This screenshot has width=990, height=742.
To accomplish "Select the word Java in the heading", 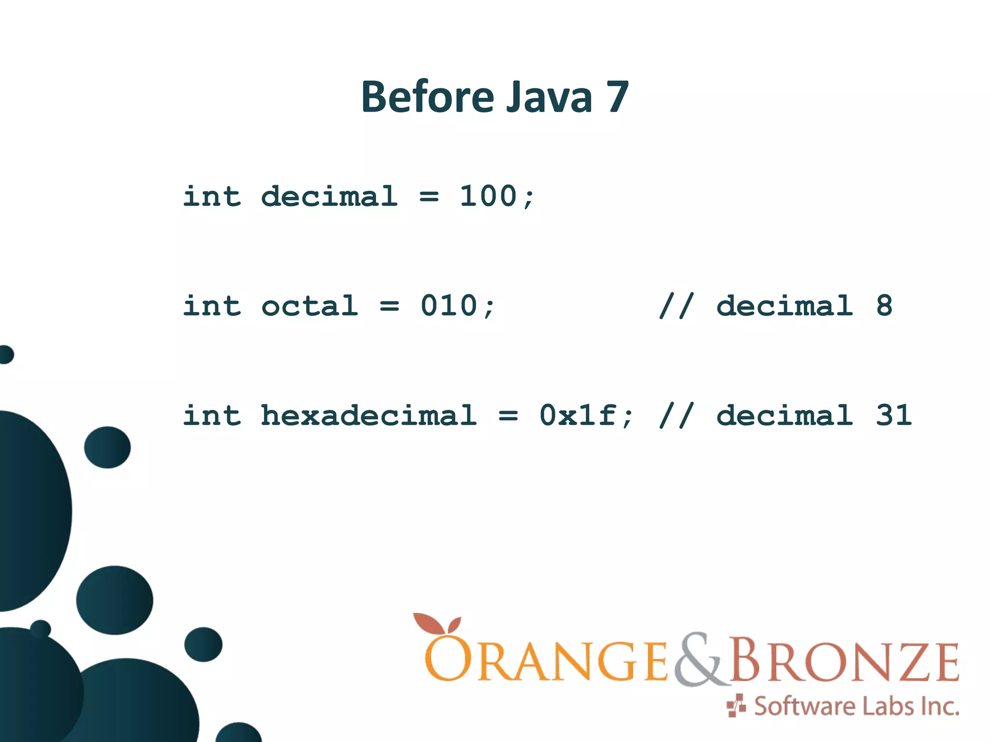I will [x=549, y=97].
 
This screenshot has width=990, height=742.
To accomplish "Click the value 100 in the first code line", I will [x=488, y=196].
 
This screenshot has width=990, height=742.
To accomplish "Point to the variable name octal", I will [x=309, y=306].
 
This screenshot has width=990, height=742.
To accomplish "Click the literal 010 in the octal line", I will [x=449, y=306].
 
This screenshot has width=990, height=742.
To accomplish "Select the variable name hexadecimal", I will [x=368, y=415].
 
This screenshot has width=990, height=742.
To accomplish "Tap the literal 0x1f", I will [x=578, y=415].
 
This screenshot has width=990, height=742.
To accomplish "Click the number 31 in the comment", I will [x=894, y=415].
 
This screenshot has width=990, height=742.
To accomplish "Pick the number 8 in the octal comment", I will [x=884, y=306].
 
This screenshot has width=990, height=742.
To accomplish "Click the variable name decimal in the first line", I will [x=329, y=196].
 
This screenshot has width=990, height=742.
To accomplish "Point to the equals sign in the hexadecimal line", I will [x=508, y=416].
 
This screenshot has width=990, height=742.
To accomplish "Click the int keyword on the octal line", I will [x=211, y=306].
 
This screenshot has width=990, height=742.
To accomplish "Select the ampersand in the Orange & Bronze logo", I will [x=699, y=659].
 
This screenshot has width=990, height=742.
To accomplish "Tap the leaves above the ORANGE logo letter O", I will [x=437, y=624].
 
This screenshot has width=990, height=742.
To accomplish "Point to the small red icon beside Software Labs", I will [x=736, y=706].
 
